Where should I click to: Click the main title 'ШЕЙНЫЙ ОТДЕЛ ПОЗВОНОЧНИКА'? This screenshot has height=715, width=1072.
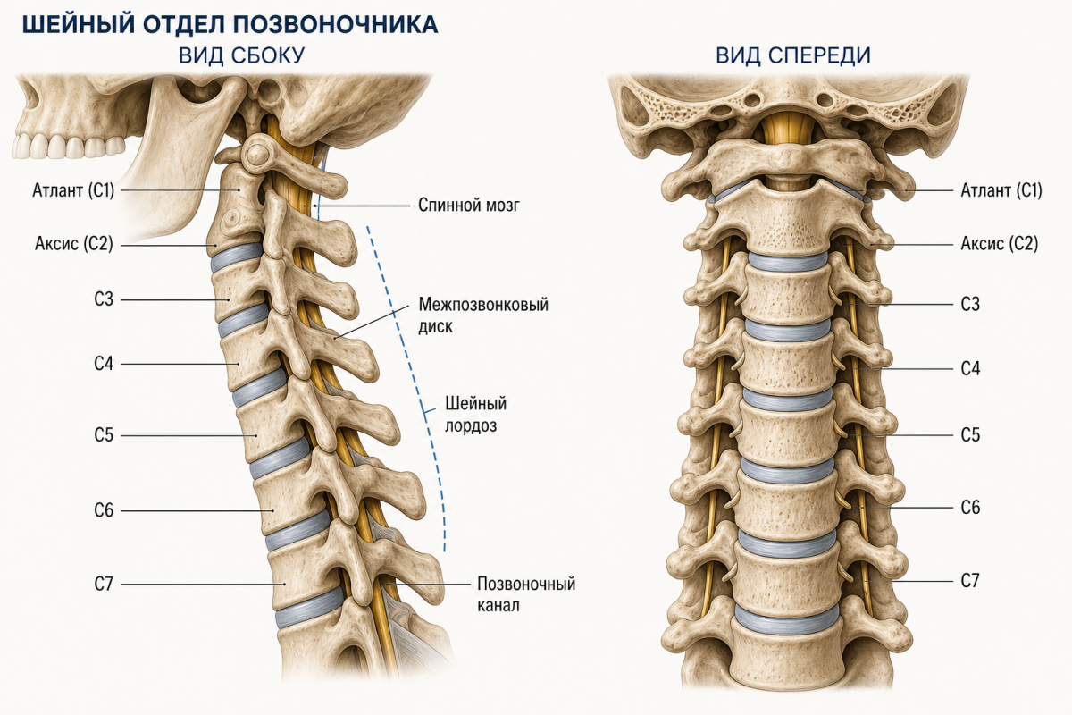[230, 25]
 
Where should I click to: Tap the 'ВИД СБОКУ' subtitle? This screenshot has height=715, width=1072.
[242, 55]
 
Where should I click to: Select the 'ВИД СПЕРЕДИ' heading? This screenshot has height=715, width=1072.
[793, 55]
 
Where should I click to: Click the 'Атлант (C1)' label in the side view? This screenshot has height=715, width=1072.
[73, 190]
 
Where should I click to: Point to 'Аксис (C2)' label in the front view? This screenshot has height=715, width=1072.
[1000, 244]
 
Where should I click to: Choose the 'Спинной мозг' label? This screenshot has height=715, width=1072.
[468, 205]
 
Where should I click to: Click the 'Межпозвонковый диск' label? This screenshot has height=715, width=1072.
[483, 315]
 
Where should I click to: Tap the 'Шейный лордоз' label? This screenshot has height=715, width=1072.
[475, 414]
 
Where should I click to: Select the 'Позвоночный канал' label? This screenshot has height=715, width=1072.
[526, 594]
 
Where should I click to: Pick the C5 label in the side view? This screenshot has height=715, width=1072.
[104, 435]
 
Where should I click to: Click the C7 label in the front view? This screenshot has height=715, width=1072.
[970, 581]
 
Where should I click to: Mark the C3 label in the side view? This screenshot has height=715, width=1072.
[104, 299]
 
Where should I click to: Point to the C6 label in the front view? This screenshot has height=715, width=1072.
[970, 507]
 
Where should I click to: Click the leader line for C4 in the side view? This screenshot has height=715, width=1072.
[180, 364]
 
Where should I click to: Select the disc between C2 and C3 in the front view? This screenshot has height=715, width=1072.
[788, 262]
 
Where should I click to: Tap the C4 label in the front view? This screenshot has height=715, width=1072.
[970, 369]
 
